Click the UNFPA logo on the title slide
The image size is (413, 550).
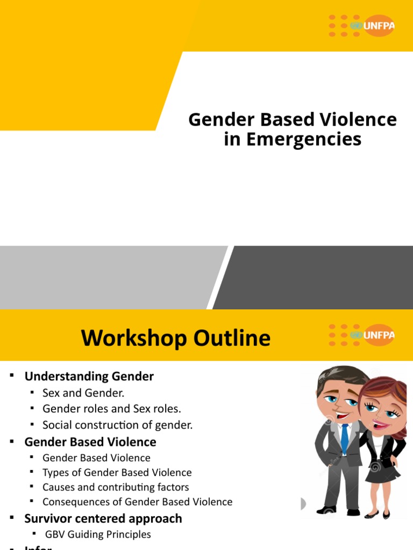click(x=361, y=25)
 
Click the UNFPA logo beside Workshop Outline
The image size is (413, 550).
click(x=361, y=335)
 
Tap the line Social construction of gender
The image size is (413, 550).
click(x=117, y=425)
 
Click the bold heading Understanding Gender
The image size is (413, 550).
click(x=89, y=377)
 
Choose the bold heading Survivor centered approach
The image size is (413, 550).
click(x=103, y=518)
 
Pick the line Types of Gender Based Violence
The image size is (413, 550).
click(x=117, y=473)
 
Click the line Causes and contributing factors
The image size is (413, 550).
click(x=116, y=487)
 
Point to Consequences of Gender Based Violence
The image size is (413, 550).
click(x=137, y=502)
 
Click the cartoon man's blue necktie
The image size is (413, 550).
click(x=344, y=438)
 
